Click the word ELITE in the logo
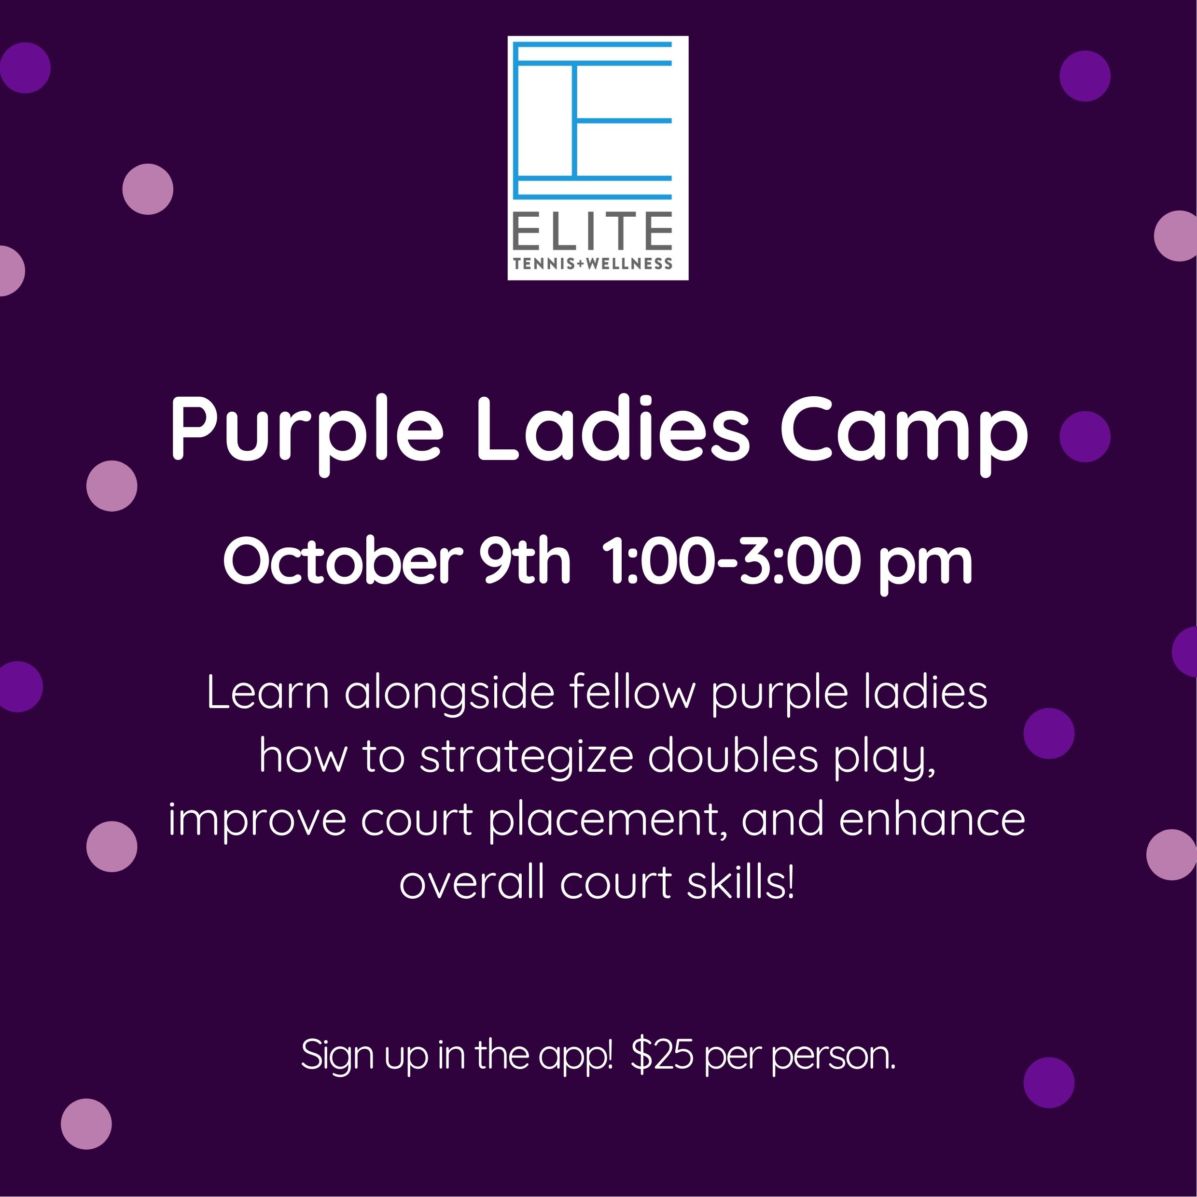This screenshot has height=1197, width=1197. pos(593,231)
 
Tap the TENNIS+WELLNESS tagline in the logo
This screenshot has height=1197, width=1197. pos(593,264)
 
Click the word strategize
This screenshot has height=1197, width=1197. pos(526,758)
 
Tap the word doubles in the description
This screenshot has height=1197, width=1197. pos(733,755)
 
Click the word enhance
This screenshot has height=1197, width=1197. pos(933,819)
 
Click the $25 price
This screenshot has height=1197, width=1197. pos(661,1055)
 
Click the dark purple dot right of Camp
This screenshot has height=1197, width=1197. pos(1085,436)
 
